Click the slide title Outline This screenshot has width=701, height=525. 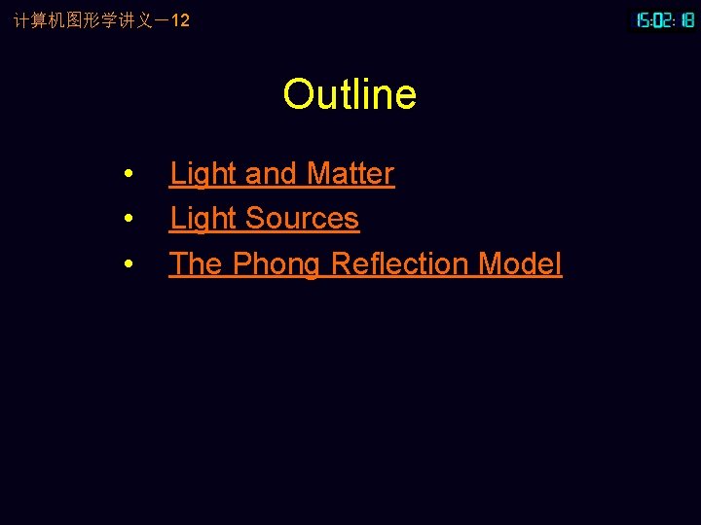350,94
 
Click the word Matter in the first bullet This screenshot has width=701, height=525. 350,174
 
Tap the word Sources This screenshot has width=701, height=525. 303,219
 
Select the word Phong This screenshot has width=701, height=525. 277,264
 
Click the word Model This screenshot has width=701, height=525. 520,263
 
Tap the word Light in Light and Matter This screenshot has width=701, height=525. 203,174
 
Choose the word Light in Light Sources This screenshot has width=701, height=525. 203,219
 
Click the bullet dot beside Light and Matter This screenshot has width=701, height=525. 129,175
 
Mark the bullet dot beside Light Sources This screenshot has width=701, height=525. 129,220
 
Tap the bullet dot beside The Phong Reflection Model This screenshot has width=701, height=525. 129,264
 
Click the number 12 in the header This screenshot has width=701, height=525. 180,19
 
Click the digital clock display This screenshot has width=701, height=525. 665,19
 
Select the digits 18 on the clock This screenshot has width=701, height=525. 686,19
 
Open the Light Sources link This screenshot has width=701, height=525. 264,219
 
